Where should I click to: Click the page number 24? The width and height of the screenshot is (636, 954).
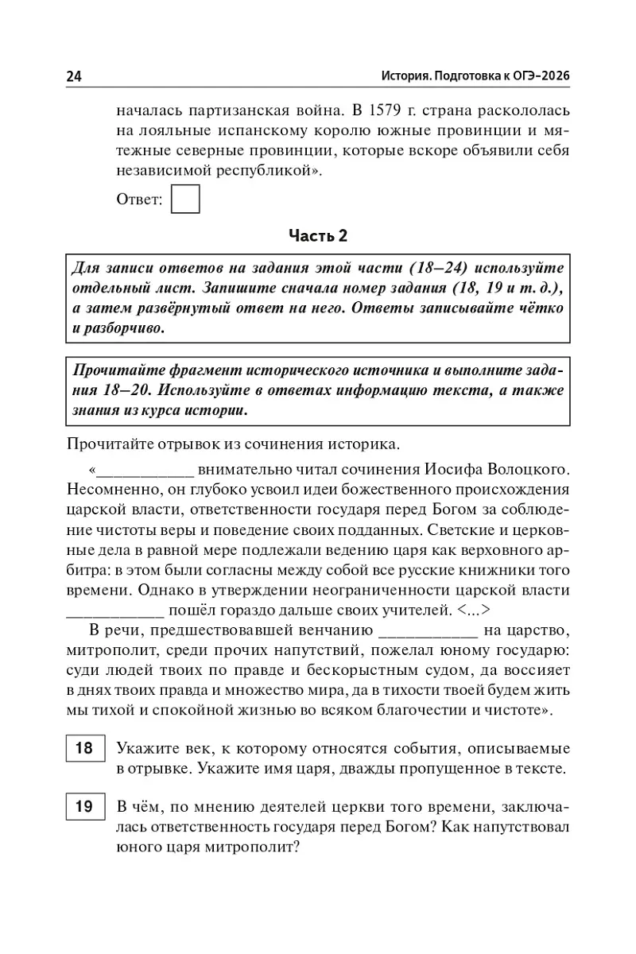(x=74, y=76)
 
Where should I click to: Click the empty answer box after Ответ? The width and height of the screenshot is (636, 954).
(x=185, y=199)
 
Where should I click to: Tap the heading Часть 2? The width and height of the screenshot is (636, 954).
(x=318, y=236)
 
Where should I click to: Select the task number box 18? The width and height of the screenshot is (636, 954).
(x=83, y=749)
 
